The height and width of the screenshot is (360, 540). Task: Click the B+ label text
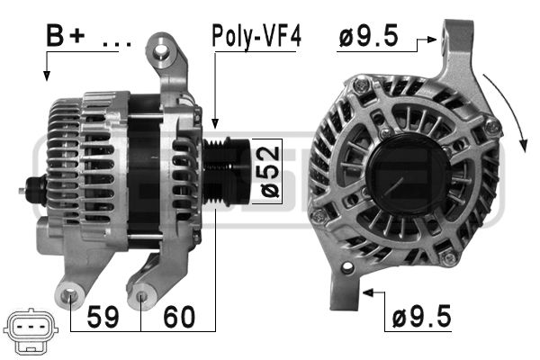pos(66,35)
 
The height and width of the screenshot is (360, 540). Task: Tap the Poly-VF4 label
pos(256,36)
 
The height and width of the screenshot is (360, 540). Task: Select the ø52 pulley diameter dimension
pos(269,172)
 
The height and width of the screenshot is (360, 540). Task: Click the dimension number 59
pos(103,317)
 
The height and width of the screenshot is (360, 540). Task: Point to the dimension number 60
pos(179,317)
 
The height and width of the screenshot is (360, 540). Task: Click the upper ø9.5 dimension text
pos(369,35)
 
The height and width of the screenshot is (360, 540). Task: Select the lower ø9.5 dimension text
pos(421,316)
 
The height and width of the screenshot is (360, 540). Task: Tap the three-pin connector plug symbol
pos(31,330)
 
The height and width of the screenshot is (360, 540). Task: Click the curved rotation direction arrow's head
pos(524,145)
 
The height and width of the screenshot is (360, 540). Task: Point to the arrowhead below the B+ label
pos(47,76)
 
